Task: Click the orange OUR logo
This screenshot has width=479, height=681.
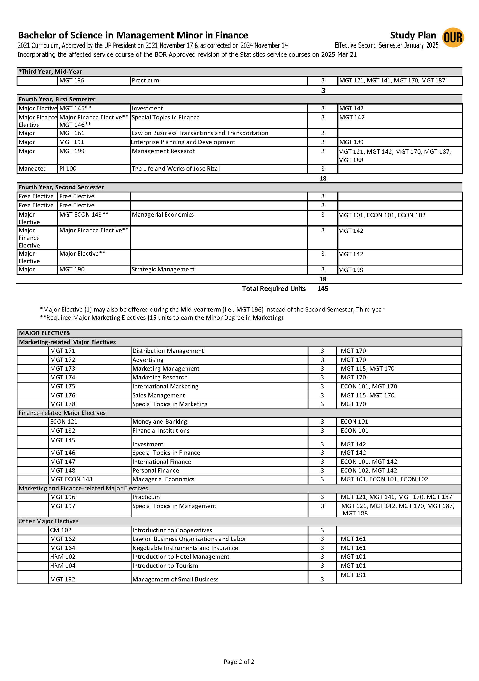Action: coord(453,38)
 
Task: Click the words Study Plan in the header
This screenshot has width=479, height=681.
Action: coord(413,35)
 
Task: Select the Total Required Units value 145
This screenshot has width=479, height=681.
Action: coord(323,289)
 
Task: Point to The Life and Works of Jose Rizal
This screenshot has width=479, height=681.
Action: coord(176,169)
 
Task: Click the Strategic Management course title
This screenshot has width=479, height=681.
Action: coord(163,269)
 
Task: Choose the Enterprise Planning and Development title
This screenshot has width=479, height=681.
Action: coord(183,142)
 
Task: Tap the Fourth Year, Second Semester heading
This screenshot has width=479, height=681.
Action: coord(61,187)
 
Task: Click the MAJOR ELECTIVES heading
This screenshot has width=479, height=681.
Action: coord(45,333)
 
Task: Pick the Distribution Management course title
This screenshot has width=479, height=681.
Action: coord(168,351)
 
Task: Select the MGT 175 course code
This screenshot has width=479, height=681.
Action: coord(63,386)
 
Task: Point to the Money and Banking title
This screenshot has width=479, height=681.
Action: coord(160,422)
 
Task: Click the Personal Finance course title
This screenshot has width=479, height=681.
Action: coord(156,470)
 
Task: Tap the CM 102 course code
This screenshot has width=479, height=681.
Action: coord(61,530)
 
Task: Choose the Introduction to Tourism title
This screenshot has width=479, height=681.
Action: coord(165,566)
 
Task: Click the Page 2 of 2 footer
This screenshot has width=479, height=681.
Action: coord(239,662)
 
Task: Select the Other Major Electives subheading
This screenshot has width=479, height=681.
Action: coord(49,521)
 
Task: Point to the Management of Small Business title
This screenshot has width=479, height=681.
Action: coord(175,579)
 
